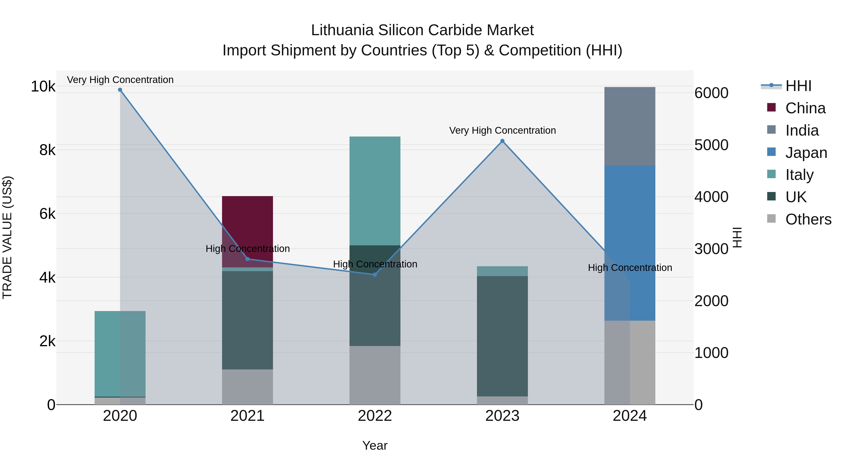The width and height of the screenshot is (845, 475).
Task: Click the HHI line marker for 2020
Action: [120, 90]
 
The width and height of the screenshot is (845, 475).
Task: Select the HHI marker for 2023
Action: [502, 141]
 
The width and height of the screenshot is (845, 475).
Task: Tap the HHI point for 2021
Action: [248, 259]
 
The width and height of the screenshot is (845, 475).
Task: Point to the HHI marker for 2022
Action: [375, 274]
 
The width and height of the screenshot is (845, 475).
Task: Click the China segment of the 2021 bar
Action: [248, 223]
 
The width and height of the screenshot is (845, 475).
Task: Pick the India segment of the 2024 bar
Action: [630, 126]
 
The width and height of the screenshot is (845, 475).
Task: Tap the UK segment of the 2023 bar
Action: [502, 336]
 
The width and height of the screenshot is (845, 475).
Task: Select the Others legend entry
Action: [808, 219]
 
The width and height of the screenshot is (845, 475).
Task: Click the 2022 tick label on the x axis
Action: [375, 416]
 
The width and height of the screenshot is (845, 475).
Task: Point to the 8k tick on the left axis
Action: [47, 150]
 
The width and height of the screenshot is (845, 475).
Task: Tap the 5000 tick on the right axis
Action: [711, 145]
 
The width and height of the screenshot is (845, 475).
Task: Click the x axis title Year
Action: [375, 445]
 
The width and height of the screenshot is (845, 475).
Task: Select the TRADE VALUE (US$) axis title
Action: [7, 237]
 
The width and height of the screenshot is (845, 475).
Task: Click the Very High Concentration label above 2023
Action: [502, 130]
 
